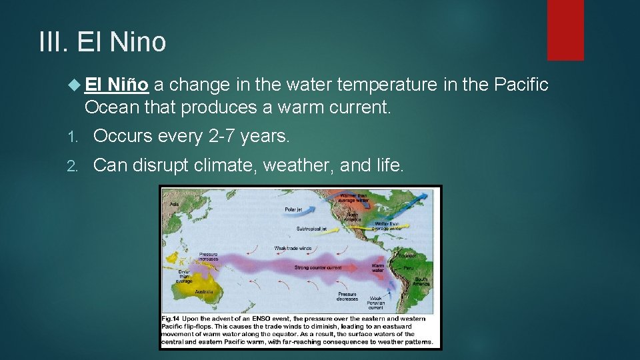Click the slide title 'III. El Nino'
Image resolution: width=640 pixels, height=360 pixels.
tap(103, 41)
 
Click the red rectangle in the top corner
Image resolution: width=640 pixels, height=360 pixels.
tap(565, 29)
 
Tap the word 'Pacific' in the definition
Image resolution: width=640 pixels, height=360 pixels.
tap(521, 85)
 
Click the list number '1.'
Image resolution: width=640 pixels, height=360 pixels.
tap(74, 137)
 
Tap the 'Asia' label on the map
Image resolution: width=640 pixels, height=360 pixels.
tap(175, 205)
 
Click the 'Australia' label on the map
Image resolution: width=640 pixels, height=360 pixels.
tap(205, 291)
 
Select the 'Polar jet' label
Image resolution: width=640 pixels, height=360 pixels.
tap(293, 209)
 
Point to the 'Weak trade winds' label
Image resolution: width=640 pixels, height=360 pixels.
tap(293, 249)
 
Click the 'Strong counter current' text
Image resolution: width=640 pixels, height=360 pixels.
tap(318, 267)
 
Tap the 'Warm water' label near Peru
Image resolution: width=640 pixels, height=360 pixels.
tap(377, 268)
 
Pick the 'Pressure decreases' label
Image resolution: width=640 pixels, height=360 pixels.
tap(347, 297)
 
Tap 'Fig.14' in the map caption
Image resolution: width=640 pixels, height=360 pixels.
tap(171, 319)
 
